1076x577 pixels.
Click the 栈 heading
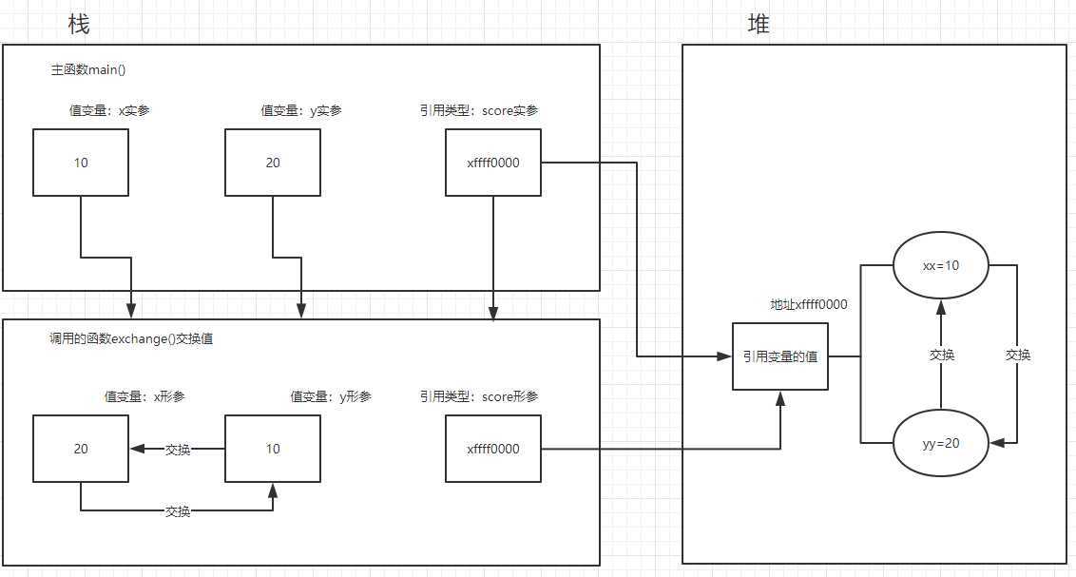[x=79, y=25]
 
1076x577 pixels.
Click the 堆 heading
[x=759, y=25]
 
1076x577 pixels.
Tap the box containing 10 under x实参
[x=81, y=163]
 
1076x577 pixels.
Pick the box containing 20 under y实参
[x=273, y=163]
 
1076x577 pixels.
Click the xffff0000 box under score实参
[x=493, y=163]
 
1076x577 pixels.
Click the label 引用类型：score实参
[x=480, y=110]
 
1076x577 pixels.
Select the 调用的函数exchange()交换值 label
[x=130, y=338]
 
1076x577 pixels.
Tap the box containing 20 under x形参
[x=81, y=449]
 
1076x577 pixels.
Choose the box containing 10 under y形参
[x=273, y=449]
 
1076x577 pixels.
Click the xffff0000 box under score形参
[x=493, y=449]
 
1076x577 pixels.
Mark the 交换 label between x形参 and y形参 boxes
[x=178, y=449]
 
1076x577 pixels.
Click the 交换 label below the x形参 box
[x=178, y=510]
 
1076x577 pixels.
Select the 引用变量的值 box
[x=780, y=356]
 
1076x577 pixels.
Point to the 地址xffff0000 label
[x=808, y=305]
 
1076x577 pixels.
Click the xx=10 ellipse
[x=941, y=265]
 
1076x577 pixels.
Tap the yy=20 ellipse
[x=941, y=443]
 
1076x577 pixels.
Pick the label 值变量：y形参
[x=331, y=396]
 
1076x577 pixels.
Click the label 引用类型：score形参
[x=480, y=396]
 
